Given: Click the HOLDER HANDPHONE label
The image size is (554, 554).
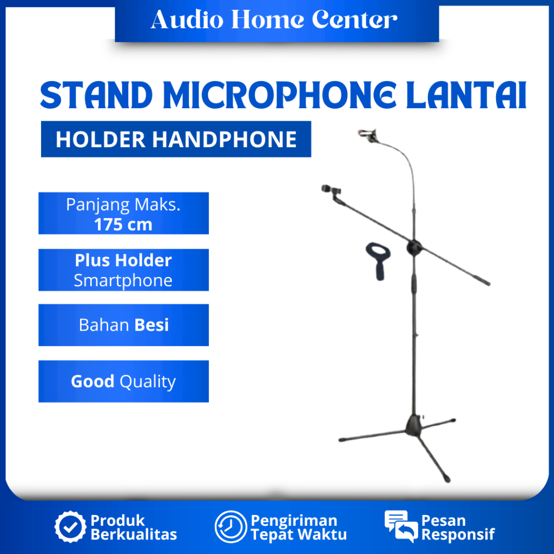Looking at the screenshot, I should click(x=176, y=140).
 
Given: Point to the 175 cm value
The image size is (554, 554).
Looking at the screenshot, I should click(x=123, y=225).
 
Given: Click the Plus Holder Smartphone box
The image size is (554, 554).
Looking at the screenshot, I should click(x=123, y=270).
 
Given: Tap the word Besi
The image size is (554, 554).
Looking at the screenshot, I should click(x=151, y=325).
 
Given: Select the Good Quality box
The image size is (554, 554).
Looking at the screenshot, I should click(x=123, y=381).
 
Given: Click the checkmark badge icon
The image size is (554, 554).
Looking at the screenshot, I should click(x=70, y=527).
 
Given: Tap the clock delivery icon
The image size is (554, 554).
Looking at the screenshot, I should click(x=230, y=527).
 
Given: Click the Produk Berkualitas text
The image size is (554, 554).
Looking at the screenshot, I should click(x=133, y=527).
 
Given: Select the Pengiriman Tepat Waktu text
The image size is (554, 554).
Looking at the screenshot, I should click(x=298, y=527).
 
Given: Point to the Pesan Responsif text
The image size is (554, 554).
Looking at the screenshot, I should click(x=458, y=527).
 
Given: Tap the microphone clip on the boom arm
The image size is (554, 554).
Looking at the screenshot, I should click(x=332, y=191).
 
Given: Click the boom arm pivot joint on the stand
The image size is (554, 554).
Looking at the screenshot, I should click(x=414, y=247).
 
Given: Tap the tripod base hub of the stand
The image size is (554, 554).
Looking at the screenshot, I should click(x=415, y=423).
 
